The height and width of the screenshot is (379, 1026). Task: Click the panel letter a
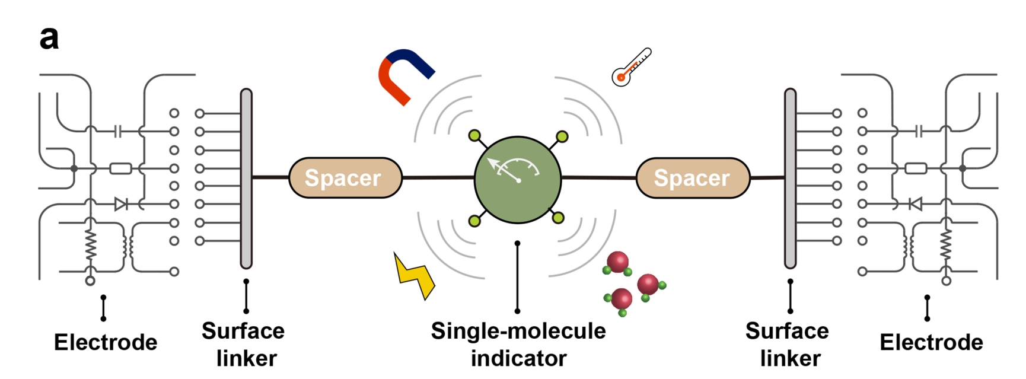tap(49, 38)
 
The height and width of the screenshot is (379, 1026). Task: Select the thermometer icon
tap(631, 68)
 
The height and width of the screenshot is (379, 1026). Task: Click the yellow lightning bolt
tap(415, 276)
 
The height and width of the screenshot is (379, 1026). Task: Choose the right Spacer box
tap(692, 177)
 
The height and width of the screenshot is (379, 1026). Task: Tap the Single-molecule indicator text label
tap(518, 345)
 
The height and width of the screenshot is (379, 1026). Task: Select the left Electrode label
tap(106, 342)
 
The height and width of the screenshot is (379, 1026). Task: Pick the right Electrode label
tap(931, 342)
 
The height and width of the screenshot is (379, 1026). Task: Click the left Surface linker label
tap(244, 345)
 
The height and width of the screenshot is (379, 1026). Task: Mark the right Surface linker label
tap(788, 345)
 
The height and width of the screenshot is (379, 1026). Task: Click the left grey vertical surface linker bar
tap(246, 178)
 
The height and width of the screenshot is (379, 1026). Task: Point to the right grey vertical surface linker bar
tap(790, 178)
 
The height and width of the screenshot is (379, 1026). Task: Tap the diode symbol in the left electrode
tap(121, 205)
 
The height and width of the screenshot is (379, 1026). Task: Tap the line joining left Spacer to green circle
tap(438, 177)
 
